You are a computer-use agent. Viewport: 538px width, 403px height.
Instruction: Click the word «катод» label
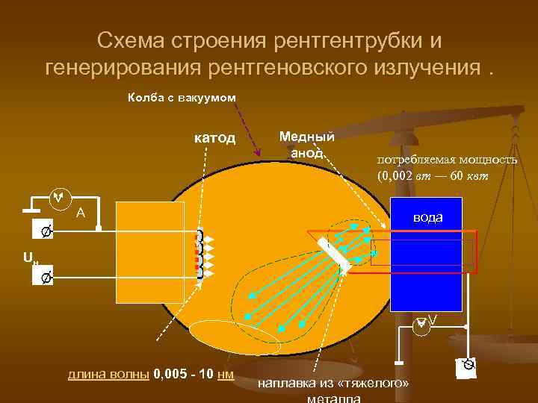pos(215,138)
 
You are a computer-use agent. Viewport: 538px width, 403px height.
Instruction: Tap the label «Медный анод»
pos(306,145)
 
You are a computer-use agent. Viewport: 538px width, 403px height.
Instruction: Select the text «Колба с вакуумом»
pos(182,98)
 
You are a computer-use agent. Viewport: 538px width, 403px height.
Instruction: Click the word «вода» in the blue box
pos(428,217)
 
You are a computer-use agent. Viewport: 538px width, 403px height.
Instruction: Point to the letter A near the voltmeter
pos(81,213)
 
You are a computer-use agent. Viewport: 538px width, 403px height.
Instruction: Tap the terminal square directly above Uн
pos(45,232)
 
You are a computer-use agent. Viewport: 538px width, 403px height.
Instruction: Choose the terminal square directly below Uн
pos(45,278)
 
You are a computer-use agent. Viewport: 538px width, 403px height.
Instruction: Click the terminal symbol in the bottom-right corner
pos(468,367)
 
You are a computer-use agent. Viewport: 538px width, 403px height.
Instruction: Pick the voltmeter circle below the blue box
pos(422,322)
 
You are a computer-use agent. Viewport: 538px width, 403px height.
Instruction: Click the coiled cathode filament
pos(200,254)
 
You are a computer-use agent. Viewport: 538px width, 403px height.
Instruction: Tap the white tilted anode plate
pos(333,254)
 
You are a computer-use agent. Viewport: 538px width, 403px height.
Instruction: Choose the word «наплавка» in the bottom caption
pos(290,384)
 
